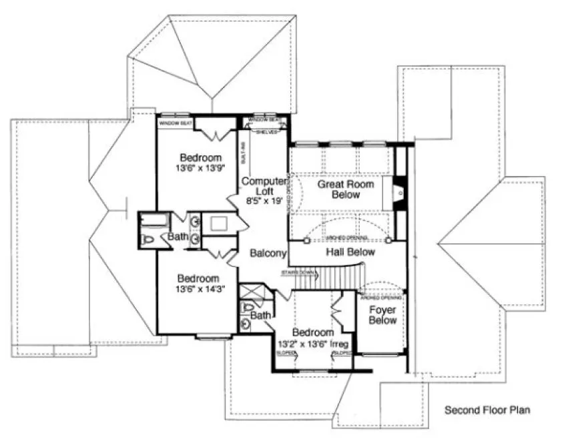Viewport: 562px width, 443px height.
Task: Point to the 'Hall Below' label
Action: (350, 252)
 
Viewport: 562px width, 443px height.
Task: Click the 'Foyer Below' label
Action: (383, 315)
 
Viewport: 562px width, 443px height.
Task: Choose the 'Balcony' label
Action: (268, 254)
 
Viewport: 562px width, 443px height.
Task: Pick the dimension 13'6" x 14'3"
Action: (201, 289)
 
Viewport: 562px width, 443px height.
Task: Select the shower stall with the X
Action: (252, 291)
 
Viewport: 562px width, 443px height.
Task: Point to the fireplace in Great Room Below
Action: (398, 193)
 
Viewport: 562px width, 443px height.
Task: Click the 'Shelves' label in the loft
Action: (265, 131)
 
